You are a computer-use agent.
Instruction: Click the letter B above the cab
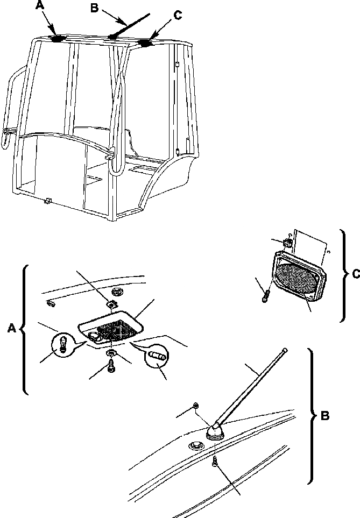pyautogui.click(x=94, y=9)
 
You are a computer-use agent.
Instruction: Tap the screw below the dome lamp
pyautogui.click(x=111, y=368)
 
